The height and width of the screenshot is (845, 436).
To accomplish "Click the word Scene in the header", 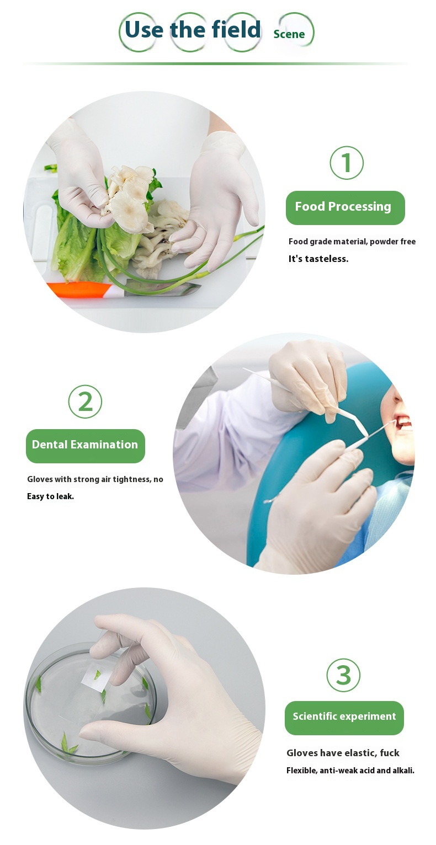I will pyautogui.click(x=289, y=34).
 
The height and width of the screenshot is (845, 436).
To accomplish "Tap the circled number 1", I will pyautogui.click(x=347, y=163).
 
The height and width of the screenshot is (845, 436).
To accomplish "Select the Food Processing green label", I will pyautogui.click(x=345, y=207).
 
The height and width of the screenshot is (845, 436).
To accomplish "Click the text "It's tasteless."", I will pyautogui.click(x=318, y=259).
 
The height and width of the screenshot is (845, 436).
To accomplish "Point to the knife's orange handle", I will pyautogui.click(x=77, y=290).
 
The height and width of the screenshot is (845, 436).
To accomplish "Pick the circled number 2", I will pyautogui.click(x=85, y=402).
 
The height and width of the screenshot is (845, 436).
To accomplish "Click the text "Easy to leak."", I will pyautogui.click(x=50, y=496).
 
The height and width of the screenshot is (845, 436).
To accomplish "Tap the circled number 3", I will pyautogui.click(x=343, y=675).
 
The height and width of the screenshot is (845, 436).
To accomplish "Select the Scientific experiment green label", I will pyautogui.click(x=344, y=717).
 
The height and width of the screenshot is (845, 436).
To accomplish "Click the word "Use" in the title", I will pyautogui.click(x=143, y=29).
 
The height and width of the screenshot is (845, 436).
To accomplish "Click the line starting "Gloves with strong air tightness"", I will pyautogui.click(x=95, y=479).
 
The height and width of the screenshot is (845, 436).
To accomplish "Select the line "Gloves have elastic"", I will pyautogui.click(x=343, y=753).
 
